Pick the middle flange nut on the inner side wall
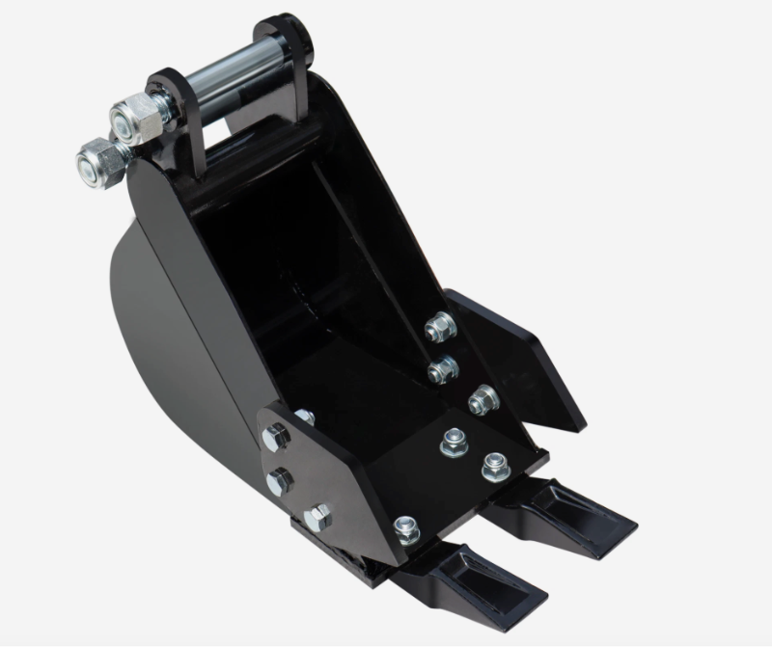point(443,366)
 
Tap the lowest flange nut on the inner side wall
point(482,396)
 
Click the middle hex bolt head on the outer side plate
point(280,479)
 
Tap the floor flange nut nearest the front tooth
point(406,527)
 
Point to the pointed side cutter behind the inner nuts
point(521,357)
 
